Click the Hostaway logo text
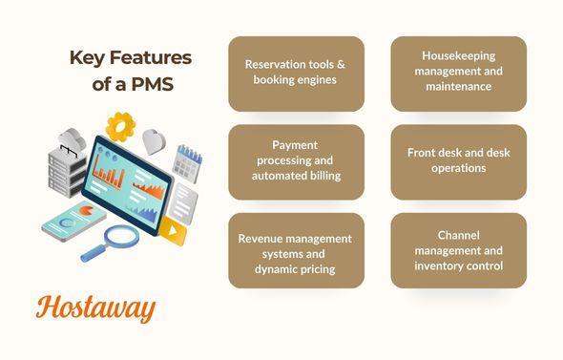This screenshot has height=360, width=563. (x=94, y=307)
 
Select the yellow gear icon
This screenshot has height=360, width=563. (x=121, y=126)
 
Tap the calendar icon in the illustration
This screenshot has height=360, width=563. (x=188, y=164)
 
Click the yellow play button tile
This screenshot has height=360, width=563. (x=172, y=229)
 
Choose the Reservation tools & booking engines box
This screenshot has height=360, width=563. (x=296, y=73)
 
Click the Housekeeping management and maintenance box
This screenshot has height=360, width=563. (x=458, y=73)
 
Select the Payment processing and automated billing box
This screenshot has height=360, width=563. (x=296, y=161)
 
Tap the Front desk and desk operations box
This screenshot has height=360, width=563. (x=458, y=161)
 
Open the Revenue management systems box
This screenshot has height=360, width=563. (x=296, y=251)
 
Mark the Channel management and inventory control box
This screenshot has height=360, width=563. (x=458, y=251)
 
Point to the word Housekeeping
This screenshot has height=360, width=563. (x=459, y=56)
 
